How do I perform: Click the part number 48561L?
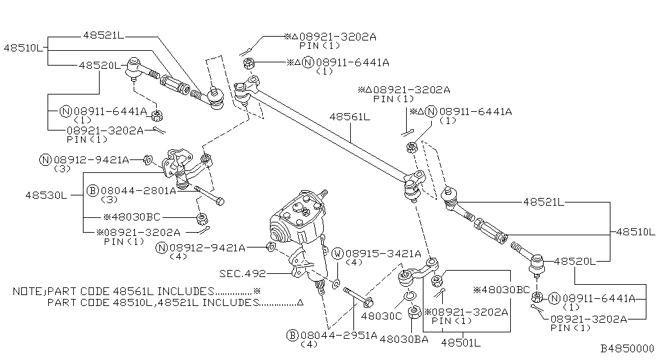350,117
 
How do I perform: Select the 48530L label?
46,195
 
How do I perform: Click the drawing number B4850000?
627,348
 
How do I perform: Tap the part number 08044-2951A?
338,336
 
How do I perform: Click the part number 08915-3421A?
382,254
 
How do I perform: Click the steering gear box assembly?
299,225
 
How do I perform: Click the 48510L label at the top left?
24,48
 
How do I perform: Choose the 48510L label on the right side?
635,231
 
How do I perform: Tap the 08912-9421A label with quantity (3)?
91,159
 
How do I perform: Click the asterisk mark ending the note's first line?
258,291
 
